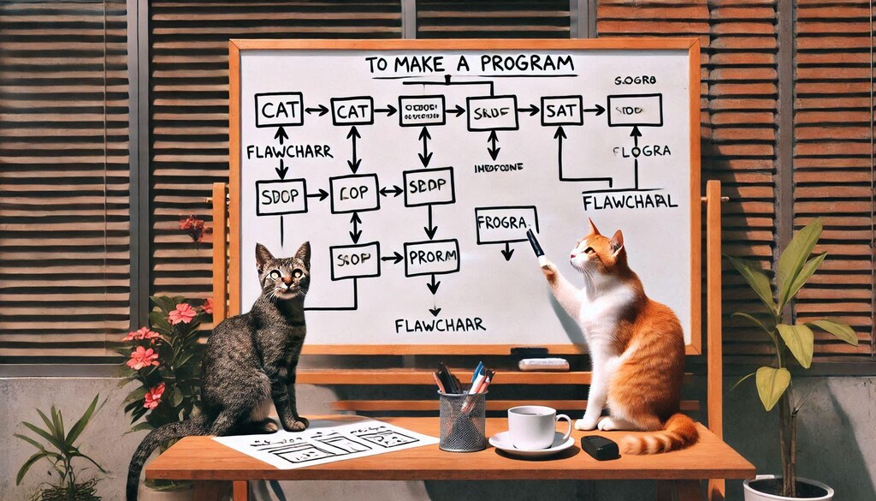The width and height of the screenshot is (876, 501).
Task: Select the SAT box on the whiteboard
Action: (561, 110)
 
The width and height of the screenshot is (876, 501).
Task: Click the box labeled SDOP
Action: (281, 197)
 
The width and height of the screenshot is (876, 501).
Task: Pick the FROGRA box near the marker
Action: (506, 224)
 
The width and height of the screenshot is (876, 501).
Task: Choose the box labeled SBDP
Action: (428, 187)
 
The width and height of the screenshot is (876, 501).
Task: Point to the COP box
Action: (354, 193)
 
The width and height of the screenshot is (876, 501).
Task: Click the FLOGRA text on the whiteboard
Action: (641, 151)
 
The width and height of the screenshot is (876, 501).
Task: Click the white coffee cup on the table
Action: (533, 426)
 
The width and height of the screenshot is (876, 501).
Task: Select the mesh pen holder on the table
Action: (462, 420)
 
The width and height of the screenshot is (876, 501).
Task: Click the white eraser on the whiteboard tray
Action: (543, 364)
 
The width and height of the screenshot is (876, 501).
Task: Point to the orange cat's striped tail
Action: (663, 437)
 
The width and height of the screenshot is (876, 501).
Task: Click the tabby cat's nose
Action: (283, 287)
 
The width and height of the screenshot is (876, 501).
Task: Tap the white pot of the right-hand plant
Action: (787, 489)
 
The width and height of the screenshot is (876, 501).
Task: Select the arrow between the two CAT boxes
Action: (317, 110)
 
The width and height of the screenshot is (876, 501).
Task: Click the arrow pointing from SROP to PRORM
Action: (392, 257)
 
